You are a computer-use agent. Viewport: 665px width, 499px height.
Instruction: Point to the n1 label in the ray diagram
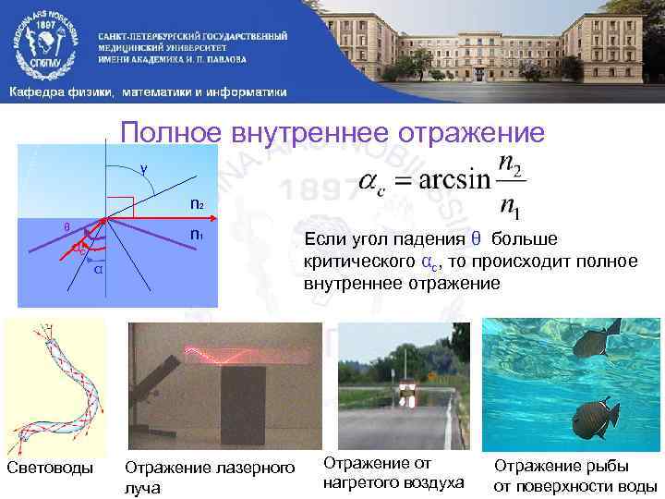pos(198,235)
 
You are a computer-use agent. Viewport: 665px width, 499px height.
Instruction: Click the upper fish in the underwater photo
pos(596,341)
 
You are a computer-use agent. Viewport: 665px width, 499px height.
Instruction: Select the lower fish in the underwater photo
pos(595,418)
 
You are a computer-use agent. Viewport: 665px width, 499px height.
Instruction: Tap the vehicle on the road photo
pos(406,392)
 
